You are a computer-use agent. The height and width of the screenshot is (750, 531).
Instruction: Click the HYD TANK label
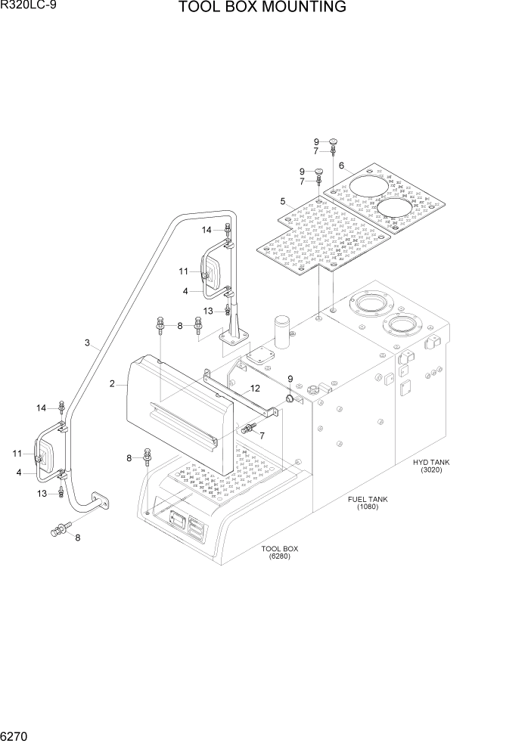pyautogui.click(x=432, y=461)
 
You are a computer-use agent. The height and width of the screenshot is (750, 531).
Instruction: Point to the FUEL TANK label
pyautogui.click(x=368, y=499)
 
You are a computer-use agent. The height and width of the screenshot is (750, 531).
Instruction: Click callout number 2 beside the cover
pyautogui.click(x=112, y=384)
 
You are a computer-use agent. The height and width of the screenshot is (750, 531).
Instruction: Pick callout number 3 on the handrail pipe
pyautogui.click(x=88, y=343)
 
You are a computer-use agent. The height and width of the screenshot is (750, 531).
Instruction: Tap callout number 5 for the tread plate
pyautogui.click(x=282, y=202)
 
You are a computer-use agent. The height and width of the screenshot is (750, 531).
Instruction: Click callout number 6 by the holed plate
pyautogui.click(x=342, y=166)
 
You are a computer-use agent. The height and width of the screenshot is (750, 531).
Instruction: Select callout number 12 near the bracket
pyautogui.click(x=255, y=388)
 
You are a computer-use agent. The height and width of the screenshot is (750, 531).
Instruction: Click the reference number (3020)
pyautogui.click(x=432, y=470)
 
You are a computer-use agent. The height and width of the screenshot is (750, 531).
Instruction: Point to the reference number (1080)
pyautogui.click(x=368, y=507)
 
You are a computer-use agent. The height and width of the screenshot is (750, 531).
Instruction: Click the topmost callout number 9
pyautogui.click(x=318, y=141)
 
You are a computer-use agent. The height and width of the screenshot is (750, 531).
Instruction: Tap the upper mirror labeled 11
pyautogui.click(x=210, y=270)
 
